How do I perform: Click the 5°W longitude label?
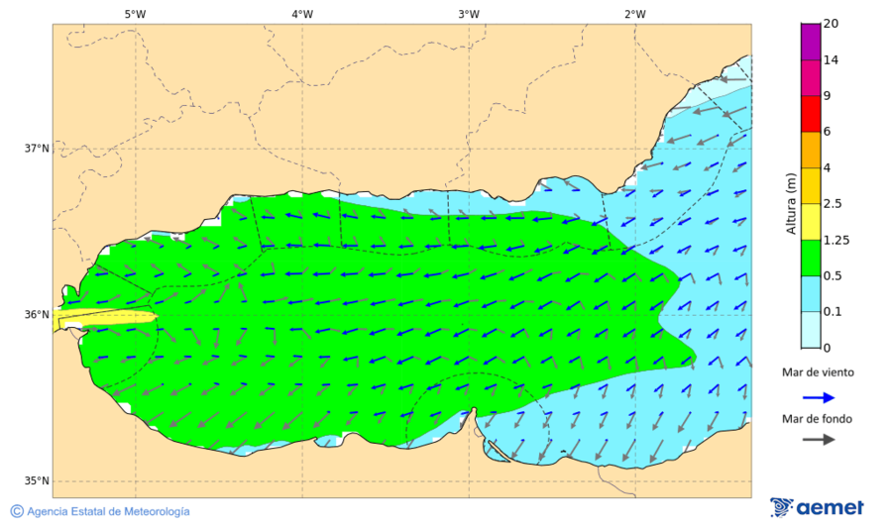tap(136, 14)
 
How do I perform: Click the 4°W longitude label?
tap(302, 14)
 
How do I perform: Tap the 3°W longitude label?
tap(469, 14)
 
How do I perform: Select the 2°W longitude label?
tap(635, 14)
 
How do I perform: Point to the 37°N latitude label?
tap(37, 149)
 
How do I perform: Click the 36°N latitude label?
tap(37, 315)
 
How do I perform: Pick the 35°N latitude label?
tap(37, 481)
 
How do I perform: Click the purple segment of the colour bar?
tap(811, 42)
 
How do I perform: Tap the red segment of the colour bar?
tap(811, 113)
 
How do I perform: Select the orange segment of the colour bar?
tap(811, 150)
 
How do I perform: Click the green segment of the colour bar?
tap(811, 258)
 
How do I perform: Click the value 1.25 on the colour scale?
tap(837, 240)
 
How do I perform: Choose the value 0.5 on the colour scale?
tap(834, 275)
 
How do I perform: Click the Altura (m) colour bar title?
tap(791, 202)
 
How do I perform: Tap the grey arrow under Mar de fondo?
tap(817, 440)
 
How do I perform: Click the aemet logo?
tap(817, 507)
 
